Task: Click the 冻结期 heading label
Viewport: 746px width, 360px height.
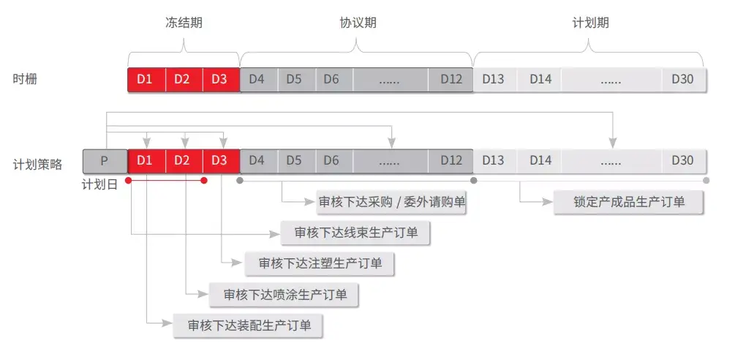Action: pos(184,23)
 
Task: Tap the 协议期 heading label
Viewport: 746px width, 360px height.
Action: pos(358,23)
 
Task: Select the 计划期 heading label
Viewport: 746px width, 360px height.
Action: pos(590,23)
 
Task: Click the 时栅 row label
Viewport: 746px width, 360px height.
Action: pos(25,79)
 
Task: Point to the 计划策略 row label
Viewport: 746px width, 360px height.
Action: pos(37,165)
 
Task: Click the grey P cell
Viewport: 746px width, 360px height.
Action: pos(105,161)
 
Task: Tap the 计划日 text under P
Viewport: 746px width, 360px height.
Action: pos(99,185)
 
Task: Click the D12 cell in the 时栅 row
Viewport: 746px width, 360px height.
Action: pos(451,80)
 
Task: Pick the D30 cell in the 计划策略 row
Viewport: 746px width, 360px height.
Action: pos(684,161)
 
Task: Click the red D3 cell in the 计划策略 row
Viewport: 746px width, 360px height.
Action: pos(221,161)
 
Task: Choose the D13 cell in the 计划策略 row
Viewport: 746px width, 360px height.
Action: pos(494,161)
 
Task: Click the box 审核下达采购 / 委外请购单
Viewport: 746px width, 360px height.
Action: pos(391,202)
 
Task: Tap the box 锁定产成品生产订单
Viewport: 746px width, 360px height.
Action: pos(628,202)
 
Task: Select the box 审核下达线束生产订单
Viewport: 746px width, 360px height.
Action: pos(355,233)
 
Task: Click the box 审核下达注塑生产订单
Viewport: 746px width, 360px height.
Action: pos(320,263)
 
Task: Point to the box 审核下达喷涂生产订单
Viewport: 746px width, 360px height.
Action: pos(284,295)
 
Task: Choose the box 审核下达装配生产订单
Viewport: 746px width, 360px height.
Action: pos(248,326)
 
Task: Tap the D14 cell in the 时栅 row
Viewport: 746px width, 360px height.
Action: pos(539,80)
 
